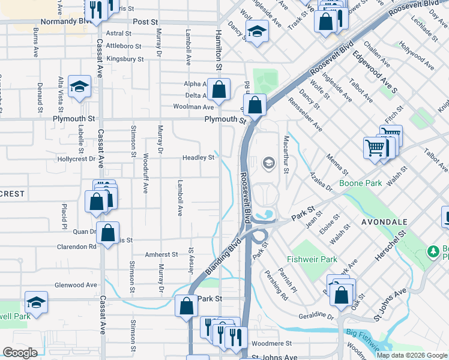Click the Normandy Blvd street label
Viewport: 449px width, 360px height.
pos(64,21)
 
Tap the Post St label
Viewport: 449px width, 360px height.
pos(145,21)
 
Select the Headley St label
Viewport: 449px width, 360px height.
pos(199,158)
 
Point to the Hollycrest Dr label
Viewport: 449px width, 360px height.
pos(76,159)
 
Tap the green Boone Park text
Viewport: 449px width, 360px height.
pos(360,183)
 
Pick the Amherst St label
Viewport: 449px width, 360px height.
pos(161,254)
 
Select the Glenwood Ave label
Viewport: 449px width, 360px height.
pos(76,285)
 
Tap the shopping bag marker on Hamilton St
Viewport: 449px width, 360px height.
pos(220,89)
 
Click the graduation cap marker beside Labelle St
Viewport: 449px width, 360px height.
pos(79,87)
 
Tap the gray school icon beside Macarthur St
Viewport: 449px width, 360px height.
pos(268,163)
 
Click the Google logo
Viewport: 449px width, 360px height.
pos(20,353)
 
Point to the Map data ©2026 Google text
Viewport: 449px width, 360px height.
pos(412,355)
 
